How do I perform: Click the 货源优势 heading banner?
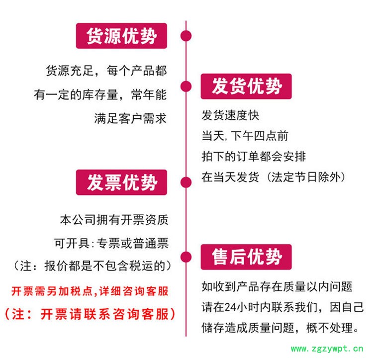[x=122, y=36]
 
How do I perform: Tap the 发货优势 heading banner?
[x=246, y=87]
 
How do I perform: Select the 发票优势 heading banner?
[x=122, y=182]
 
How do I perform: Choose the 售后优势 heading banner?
[x=246, y=257]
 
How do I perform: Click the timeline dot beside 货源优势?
[x=186, y=36]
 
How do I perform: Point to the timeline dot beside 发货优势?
[x=186, y=86]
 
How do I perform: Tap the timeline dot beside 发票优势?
[x=186, y=182]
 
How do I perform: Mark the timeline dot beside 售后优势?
[x=186, y=257]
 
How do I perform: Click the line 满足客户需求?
[x=130, y=118]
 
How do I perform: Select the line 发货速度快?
[x=230, y=115]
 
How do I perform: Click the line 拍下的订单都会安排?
[x=254, y=156]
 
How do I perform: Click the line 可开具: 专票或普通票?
[x=111, y=243]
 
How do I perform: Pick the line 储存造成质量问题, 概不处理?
[x=280, y=328]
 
